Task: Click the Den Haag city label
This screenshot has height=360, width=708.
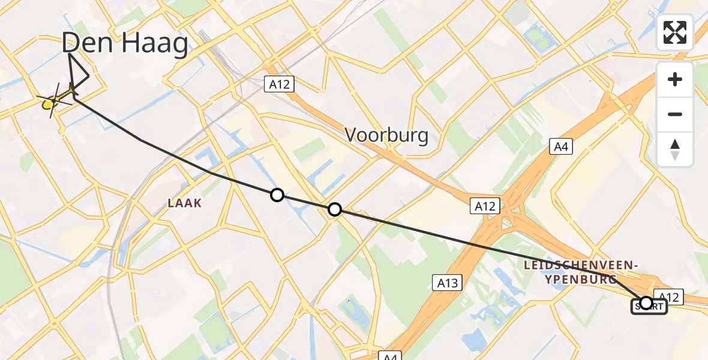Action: click(x=125, y=44)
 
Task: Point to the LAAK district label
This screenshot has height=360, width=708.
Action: click(x=184, y=203)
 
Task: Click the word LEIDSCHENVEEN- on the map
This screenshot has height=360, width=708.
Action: click(x=580, y=265)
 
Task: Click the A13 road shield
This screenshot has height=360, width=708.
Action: click(x=447, y=282)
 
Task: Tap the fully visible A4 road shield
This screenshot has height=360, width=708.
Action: click(x=561, y=146)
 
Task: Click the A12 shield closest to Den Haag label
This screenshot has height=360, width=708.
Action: click(x=279, y=84)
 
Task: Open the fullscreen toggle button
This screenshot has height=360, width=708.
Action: click(x=675, y=32)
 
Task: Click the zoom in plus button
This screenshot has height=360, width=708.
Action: click(x=675, y=79)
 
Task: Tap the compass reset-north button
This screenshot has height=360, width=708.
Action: click(x=675, y=149)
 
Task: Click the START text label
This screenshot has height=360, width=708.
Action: click(x=648, y=307)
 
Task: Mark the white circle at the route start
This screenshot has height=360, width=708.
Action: click(x=646, y=302)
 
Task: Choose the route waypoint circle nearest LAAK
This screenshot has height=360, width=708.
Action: click(x=277, y=194)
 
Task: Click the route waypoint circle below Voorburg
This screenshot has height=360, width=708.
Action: click(x=335, y=209)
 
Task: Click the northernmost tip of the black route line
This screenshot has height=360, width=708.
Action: click(x=70, y=55)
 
